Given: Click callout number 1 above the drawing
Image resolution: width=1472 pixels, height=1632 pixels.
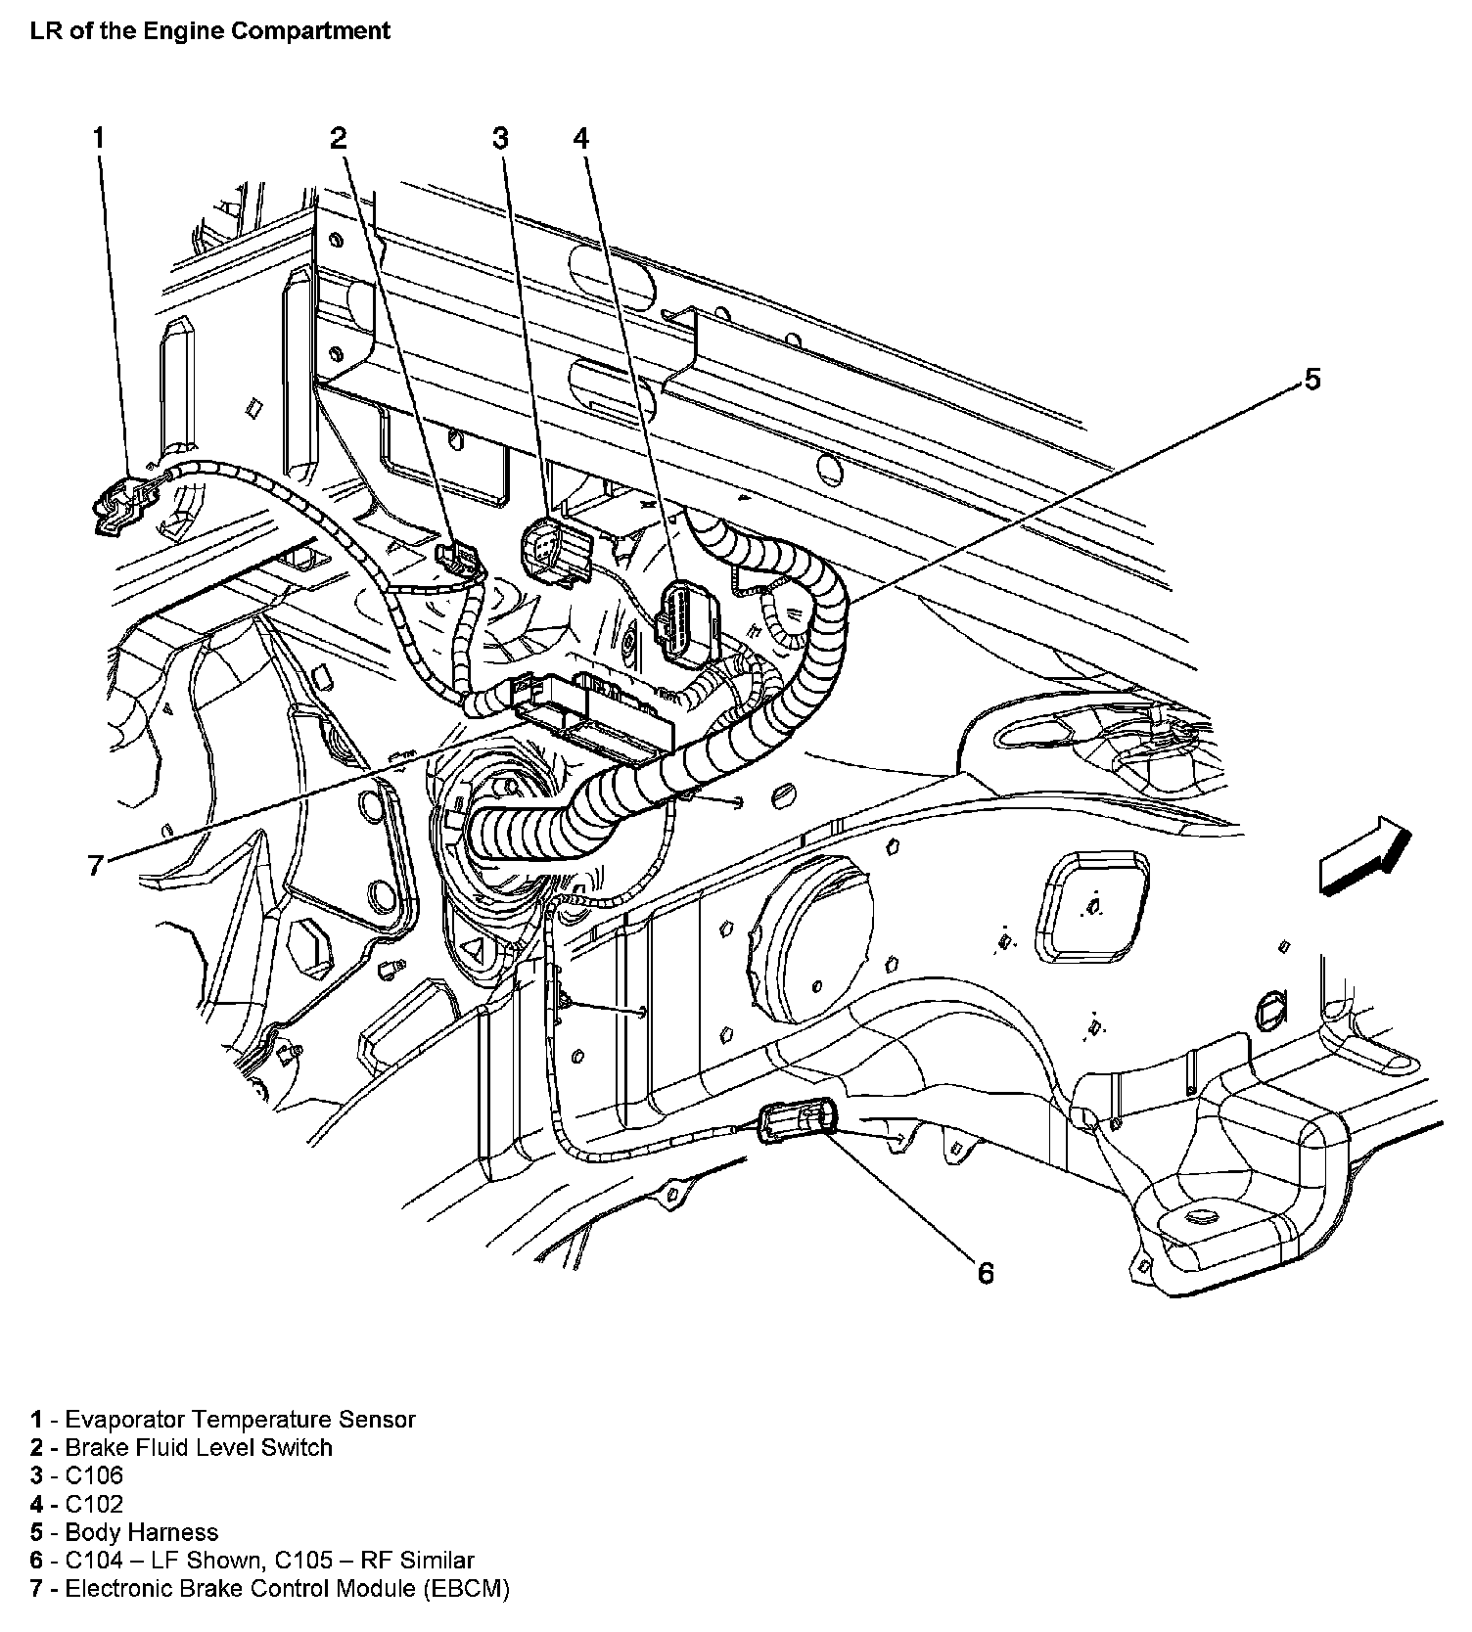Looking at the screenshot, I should click(98, 138).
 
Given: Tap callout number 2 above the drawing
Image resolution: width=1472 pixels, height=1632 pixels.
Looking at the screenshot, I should click(339, 138).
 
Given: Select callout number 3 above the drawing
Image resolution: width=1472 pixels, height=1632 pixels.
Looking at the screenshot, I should click(501, 138).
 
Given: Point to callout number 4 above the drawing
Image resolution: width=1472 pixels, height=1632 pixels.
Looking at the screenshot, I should click(581, 138).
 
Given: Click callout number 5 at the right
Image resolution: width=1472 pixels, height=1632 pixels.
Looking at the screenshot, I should click(1311, 380).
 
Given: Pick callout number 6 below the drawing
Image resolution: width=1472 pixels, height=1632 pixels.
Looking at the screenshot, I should click(986, 1272).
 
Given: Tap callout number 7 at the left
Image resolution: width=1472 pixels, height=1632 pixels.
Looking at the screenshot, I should click(95, 864).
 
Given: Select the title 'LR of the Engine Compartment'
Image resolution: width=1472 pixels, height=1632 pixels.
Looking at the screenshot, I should click(210, 30).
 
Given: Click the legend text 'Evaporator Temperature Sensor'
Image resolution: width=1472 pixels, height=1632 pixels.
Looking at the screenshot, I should click(240, 1419).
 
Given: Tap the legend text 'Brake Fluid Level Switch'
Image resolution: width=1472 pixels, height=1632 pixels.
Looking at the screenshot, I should click(199, 1447).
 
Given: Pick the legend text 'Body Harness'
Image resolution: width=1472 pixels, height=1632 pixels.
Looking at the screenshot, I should click(141, 1532).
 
